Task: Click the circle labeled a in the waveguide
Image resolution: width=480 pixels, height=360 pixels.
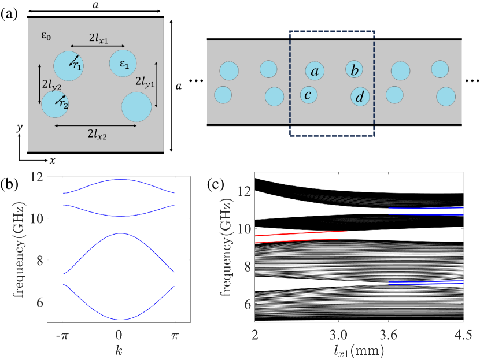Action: click(315, 71)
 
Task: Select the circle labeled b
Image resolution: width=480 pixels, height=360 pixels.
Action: click(355, 70)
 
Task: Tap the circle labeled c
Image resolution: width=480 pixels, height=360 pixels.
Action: click(309, 94)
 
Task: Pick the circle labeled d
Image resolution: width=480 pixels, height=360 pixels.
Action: click(360, 97)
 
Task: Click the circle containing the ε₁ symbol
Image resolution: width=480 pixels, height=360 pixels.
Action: click(124, 64)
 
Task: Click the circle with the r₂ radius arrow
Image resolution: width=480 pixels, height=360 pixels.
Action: click(56, 103)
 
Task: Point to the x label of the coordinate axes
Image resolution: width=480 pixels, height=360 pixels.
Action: click(51, 160)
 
